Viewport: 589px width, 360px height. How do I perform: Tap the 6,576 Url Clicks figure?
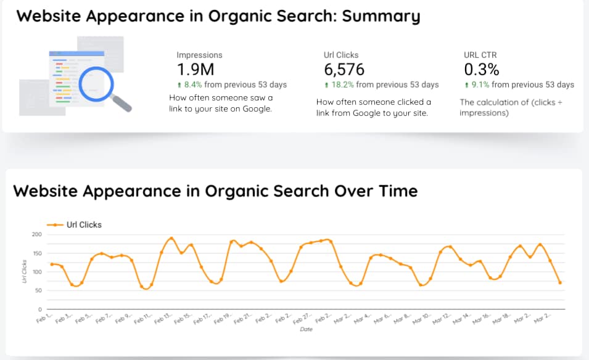click(344, 70)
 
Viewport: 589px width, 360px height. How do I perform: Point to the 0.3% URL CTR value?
click(481, 70)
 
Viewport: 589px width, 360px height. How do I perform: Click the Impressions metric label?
click(199, 55)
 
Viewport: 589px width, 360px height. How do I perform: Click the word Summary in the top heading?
click(381, 16)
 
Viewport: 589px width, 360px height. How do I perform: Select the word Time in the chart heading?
click(395, 191)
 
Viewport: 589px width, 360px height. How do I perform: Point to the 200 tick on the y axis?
click(36, 235)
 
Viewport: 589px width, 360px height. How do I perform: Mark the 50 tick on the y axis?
click(38, 290)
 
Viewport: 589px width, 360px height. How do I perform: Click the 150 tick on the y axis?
click(36, 253)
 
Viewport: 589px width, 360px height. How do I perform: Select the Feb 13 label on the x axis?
click(163, 318)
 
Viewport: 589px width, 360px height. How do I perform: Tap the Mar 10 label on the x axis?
click(422, 319)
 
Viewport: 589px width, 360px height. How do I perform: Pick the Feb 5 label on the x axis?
click(84, 318)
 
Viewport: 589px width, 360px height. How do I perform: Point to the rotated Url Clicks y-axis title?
click(23, 272)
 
